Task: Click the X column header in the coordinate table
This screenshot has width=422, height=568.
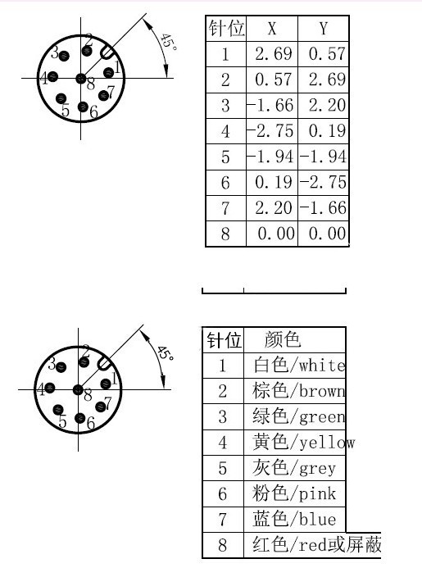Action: pos(272,28)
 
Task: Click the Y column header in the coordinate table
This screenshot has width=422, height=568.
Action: pos(324,28)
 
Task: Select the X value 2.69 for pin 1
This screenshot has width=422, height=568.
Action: pos(273,54)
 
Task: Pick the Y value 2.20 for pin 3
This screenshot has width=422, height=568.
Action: pos(327,106)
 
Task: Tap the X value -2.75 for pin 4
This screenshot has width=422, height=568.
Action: pos(270,131)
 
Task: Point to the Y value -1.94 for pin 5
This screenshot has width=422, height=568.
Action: pos(323,157)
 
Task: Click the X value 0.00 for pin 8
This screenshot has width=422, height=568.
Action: pos(276,234)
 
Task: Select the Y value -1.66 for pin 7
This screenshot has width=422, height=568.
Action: pos(323,208)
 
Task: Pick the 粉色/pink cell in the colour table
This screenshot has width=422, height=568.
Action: pos(294,493)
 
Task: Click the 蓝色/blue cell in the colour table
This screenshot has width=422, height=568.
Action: pos(294,520)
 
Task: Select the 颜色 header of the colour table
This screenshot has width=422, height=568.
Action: pos(283,339)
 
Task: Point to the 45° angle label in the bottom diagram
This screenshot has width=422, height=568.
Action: pos(166,353)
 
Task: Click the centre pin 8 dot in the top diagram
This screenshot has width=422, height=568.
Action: pos(80,78)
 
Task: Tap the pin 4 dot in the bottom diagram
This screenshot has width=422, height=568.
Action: pos(50,389)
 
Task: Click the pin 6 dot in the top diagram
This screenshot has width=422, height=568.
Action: pos(83,107)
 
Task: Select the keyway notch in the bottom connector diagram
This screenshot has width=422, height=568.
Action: pos(104,364)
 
